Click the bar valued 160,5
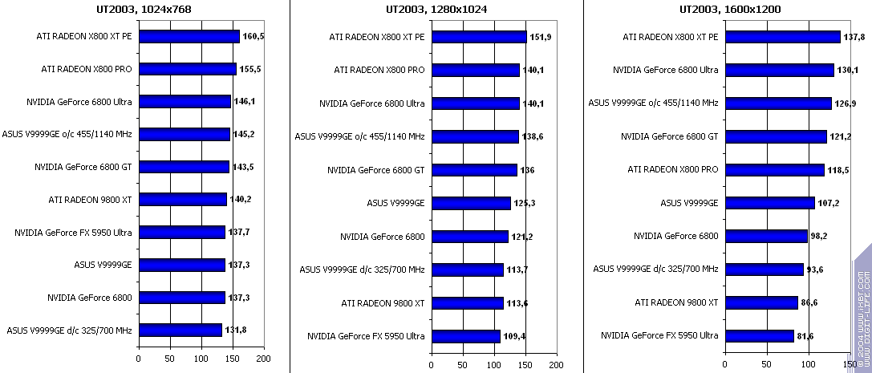[189, 36]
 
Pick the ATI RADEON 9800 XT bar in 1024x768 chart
[182, 200]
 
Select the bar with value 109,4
[465, 336]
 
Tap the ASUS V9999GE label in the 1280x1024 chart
[397, 203]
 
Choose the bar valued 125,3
[470, 203]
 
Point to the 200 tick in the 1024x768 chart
[263, 358]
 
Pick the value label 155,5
[249, 70]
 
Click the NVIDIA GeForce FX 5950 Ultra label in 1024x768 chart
[73, 233]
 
